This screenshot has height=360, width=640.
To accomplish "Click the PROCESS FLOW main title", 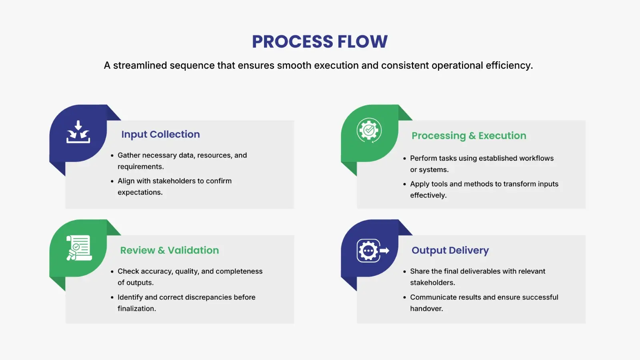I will pos(320,42).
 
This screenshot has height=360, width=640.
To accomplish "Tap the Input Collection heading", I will pos(160,134).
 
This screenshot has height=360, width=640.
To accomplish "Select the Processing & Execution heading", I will pos(469,136).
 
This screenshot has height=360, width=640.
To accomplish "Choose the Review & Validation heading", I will pos(170,250).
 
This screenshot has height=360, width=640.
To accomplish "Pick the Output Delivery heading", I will pos(450,250).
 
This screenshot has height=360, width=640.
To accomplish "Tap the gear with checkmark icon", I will pos(369,130).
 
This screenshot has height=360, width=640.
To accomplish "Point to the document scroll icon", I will pos(79,248).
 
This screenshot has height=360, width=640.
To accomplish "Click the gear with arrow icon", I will pos(372,251).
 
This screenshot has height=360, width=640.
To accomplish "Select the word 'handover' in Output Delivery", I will pos(426,309).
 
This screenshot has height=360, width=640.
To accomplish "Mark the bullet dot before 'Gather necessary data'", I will pos(112,156).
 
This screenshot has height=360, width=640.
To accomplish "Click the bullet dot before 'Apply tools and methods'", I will pos(404,184).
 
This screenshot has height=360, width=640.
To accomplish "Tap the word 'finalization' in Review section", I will pos(136,309).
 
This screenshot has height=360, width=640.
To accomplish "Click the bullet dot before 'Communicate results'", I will pos(404,298).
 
